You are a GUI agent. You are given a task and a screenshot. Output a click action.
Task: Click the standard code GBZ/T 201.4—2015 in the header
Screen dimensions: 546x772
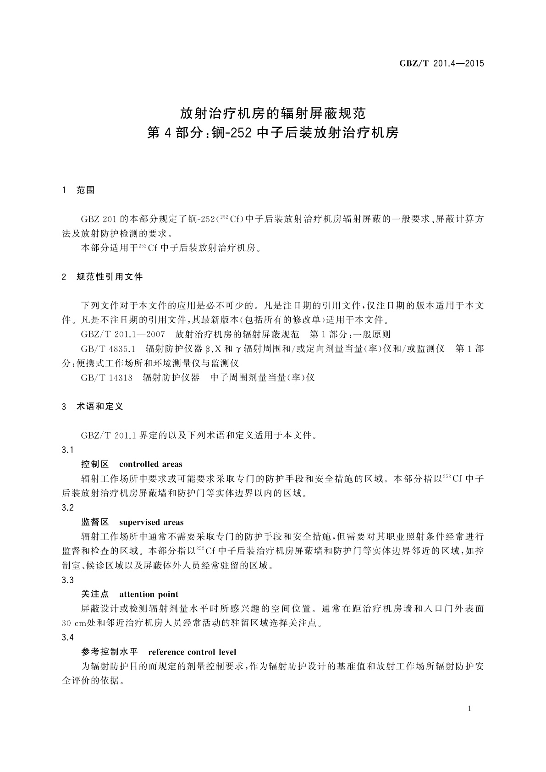point(441,64)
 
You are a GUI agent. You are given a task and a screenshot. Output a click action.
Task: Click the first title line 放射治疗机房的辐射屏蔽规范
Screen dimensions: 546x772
point(273,112)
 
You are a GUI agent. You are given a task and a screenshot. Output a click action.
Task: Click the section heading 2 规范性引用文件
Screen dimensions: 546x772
point(102,277)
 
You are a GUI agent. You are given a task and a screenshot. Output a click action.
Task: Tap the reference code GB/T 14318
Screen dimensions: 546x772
point(107,378)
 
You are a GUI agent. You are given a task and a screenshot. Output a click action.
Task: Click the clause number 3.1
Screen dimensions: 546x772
point(67,450)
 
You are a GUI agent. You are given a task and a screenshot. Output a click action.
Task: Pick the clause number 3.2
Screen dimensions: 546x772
point(67,508)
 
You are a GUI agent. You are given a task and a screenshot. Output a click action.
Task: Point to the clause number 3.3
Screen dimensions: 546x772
point(67,580)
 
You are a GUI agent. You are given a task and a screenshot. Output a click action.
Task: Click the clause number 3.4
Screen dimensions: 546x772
point(67,638)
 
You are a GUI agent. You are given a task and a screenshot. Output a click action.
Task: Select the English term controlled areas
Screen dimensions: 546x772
point(150,464)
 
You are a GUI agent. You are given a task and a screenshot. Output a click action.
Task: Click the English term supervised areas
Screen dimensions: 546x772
point(151,522)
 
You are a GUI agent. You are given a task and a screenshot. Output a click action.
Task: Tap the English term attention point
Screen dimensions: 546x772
point(149,595)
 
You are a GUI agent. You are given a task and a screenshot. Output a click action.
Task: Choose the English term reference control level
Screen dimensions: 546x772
point(193,652)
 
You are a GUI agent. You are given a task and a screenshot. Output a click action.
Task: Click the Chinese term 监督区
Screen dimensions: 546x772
point(95,522)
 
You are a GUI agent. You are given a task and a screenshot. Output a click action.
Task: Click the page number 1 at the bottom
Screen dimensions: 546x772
point(469,709)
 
